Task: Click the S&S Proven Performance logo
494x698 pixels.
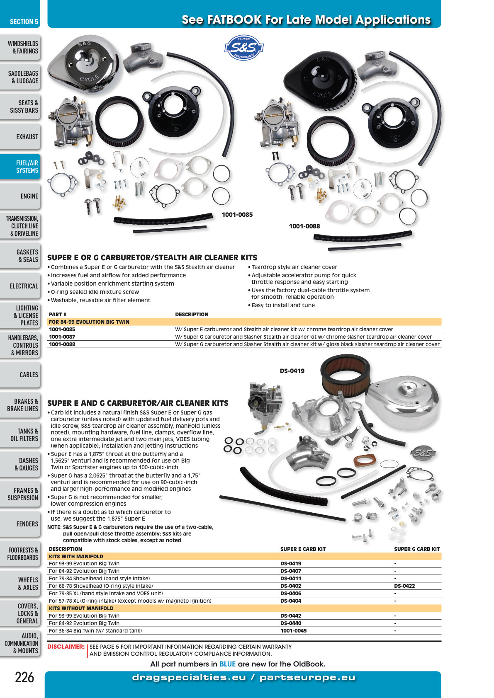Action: [244, 47]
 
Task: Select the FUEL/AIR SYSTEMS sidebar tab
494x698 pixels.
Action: [20, 166]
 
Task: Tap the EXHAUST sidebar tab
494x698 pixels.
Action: [20, 137]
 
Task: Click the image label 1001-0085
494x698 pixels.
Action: [237, 215]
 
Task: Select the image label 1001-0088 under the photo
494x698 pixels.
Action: [304, 226]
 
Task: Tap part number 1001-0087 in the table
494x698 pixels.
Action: [62, 337]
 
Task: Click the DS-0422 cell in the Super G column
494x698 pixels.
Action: [404, 586]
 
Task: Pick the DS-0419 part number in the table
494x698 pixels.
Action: [291, 563]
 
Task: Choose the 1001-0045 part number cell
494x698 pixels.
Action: [294, 631]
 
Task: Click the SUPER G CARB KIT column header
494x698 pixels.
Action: [417, 549]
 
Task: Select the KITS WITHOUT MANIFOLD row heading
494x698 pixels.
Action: [81, 608]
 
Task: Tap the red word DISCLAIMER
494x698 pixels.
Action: [66, 647]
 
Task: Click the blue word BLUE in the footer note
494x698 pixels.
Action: [227, 664]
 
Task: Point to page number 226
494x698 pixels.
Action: [24, 677]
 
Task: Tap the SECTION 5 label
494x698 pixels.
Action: [24, 22]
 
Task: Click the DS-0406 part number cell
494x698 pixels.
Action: [291, 593]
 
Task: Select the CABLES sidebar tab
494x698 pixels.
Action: [20, 375]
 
